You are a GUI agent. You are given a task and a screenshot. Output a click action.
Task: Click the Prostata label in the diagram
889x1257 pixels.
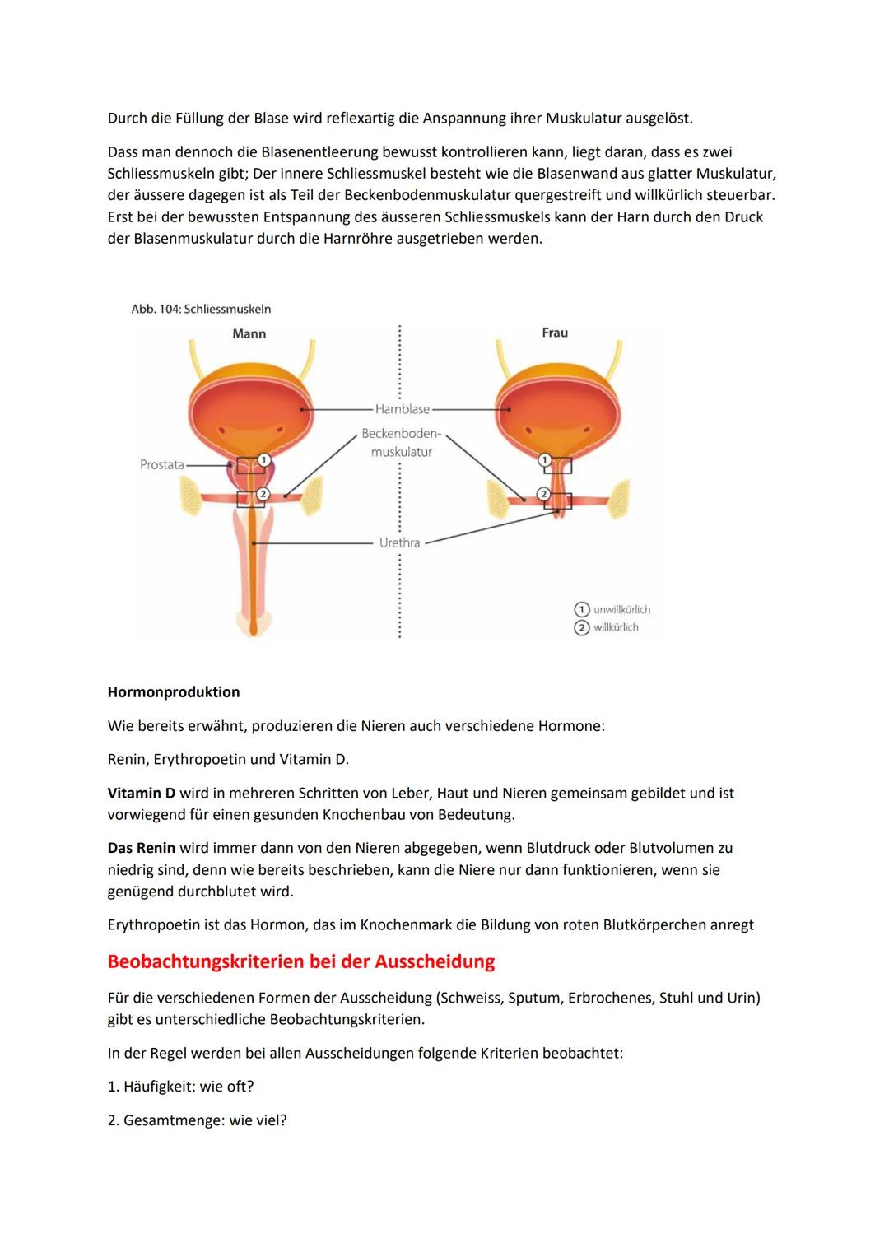point(161,465)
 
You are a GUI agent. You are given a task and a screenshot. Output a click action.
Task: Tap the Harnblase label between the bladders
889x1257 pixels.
point(403,409)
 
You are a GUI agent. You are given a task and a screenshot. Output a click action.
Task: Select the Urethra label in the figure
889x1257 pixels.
point(399,543)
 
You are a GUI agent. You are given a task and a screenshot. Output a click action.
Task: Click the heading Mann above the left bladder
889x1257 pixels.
point(249,334)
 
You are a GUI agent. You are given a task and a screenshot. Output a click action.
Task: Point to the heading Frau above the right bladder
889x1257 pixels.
point(555,333)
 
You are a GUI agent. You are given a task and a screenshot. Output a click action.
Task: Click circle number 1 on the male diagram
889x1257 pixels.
point(263,459)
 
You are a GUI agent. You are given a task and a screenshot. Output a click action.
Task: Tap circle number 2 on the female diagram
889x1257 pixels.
point(543,494)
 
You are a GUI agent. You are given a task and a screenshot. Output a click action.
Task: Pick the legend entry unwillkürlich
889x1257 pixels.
point(621,610)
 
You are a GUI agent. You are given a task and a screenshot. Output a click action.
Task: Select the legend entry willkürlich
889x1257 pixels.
point(615,628)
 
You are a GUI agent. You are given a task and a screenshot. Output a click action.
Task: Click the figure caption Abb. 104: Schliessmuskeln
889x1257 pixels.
point(201,310)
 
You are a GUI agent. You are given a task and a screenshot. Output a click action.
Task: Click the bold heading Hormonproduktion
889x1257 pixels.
point(174,692)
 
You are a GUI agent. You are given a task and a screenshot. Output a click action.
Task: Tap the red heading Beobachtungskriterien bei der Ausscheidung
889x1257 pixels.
point(301,961)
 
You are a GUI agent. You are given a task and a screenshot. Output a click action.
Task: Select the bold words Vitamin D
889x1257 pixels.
point(142,794)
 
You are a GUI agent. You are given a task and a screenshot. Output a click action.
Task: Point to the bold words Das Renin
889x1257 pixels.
point(142,848)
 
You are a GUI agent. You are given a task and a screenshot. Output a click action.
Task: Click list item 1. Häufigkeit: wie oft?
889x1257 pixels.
point(180,1087)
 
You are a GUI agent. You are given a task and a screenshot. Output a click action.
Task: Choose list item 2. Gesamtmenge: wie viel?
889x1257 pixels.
point(197,1120)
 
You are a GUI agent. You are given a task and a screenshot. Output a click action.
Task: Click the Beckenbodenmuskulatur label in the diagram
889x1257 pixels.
point(402,443)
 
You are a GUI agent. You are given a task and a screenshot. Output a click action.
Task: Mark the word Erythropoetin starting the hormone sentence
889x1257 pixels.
point(153,925)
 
